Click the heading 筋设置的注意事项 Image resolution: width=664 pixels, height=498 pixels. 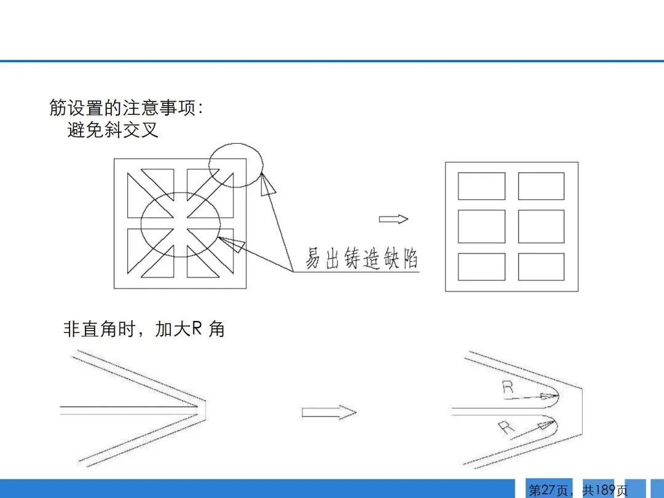[125, 108]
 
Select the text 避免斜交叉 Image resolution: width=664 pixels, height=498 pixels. [113, 130]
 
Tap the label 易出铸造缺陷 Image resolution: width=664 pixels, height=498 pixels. [362, 258]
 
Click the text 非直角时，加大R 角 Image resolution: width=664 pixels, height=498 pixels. [144, 329]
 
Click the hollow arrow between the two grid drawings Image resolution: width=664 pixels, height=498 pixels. [393, 219]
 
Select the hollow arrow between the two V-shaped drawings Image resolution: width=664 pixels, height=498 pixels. [329, 412]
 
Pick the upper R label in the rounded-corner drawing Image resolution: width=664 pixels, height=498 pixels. [507, 387]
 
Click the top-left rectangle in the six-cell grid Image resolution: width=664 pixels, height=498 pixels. [481, 186]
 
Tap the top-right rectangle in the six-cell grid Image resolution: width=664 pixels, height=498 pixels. [541, 186]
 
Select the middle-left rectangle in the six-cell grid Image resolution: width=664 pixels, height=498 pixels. [481, 226]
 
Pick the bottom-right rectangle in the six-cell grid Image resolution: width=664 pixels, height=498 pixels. [541, 266]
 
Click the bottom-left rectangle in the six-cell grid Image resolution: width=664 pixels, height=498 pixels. [481, 266]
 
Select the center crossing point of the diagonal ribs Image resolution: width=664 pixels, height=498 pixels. [180, 224]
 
